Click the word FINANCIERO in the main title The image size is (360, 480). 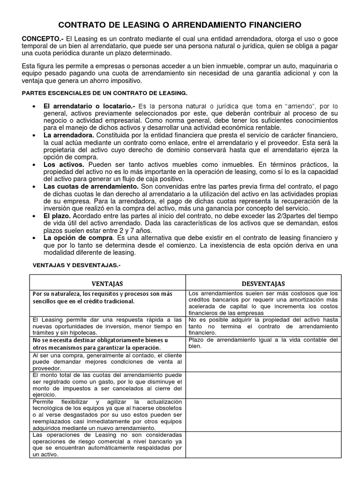pyautogui.click(x=269, y=24)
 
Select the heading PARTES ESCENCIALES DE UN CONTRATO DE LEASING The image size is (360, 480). pyautogui.click(x=105, y=93)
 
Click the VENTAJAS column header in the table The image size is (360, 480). pyautogui.click(x=107, y=283)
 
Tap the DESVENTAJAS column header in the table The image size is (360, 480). pyautogui.click(x=263, y=283)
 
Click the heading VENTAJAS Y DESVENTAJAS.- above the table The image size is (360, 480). pyautogui.click(x=76, y=265)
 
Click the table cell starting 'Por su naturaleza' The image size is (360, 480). pyautogui.click(x=107, y=297)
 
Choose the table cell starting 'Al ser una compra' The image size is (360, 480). pyautogui.click(x=107, y=362)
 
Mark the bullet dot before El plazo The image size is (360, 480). pyautogui.click(x=35, y=216)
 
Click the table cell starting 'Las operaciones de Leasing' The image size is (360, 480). pyautogui.click(x=107, y=445)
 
